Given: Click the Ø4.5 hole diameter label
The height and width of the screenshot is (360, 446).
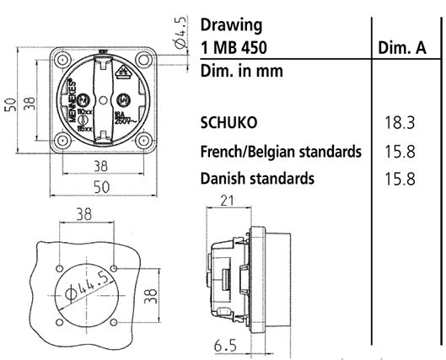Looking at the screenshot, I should point(180,31).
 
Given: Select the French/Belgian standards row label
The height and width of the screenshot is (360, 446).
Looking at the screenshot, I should point(282,151).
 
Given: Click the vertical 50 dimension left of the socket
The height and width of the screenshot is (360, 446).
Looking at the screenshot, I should point(10,103).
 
